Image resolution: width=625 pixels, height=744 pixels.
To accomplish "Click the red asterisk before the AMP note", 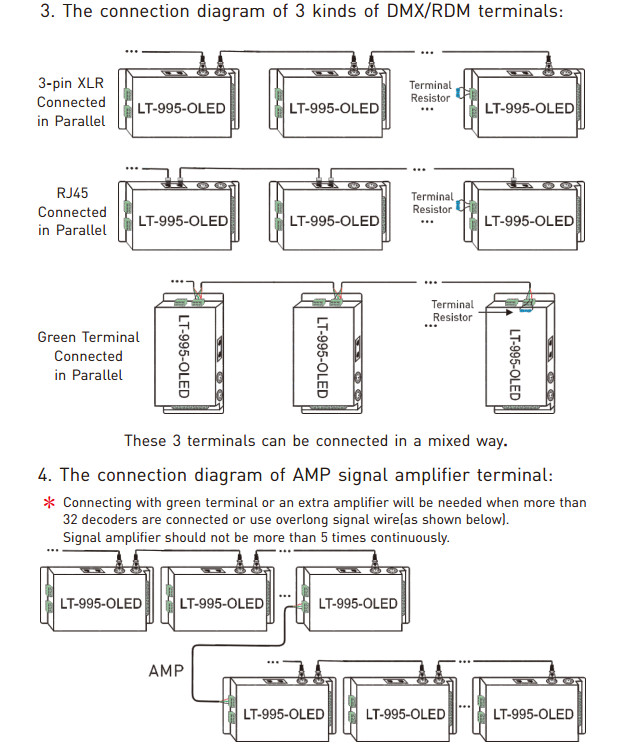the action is click(x=49, y=502).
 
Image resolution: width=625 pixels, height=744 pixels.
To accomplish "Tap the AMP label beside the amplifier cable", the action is click(x=166, y=671).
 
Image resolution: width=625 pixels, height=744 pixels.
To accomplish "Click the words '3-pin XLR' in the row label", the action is click(x=71, y=83).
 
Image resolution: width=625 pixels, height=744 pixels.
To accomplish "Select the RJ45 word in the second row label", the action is click(x=72, y=193).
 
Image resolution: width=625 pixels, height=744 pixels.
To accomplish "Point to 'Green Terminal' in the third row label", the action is click(x=88, y=337).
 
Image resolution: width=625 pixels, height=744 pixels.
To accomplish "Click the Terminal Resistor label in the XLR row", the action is click(x=430, y=92).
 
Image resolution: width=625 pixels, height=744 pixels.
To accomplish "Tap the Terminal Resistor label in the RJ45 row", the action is click(x=432, y=203).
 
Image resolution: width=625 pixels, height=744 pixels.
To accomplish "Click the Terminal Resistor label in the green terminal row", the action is click(x=453, y=311).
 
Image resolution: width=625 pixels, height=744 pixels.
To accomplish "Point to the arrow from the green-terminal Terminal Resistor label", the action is click(x=495, y=312).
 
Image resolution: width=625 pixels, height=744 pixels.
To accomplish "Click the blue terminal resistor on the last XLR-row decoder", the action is click(x=458, y=93).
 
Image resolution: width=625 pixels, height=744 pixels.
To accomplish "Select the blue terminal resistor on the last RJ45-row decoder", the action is click(x=458, y=205).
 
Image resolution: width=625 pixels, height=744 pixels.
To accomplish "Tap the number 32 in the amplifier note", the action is click(x=70, y=520).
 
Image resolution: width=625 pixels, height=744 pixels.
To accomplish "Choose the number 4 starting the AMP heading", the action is click(x=44, y=475).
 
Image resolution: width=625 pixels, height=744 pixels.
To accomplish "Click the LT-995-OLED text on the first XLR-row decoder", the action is click(x=181, y=109).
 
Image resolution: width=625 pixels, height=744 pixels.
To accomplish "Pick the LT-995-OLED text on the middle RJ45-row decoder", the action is click(x=335, y=221).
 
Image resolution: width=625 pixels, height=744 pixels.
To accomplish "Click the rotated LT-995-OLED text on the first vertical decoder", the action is click(x=184, y=356).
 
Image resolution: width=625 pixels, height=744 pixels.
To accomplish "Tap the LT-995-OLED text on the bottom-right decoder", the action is click(x=533, y=714).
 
